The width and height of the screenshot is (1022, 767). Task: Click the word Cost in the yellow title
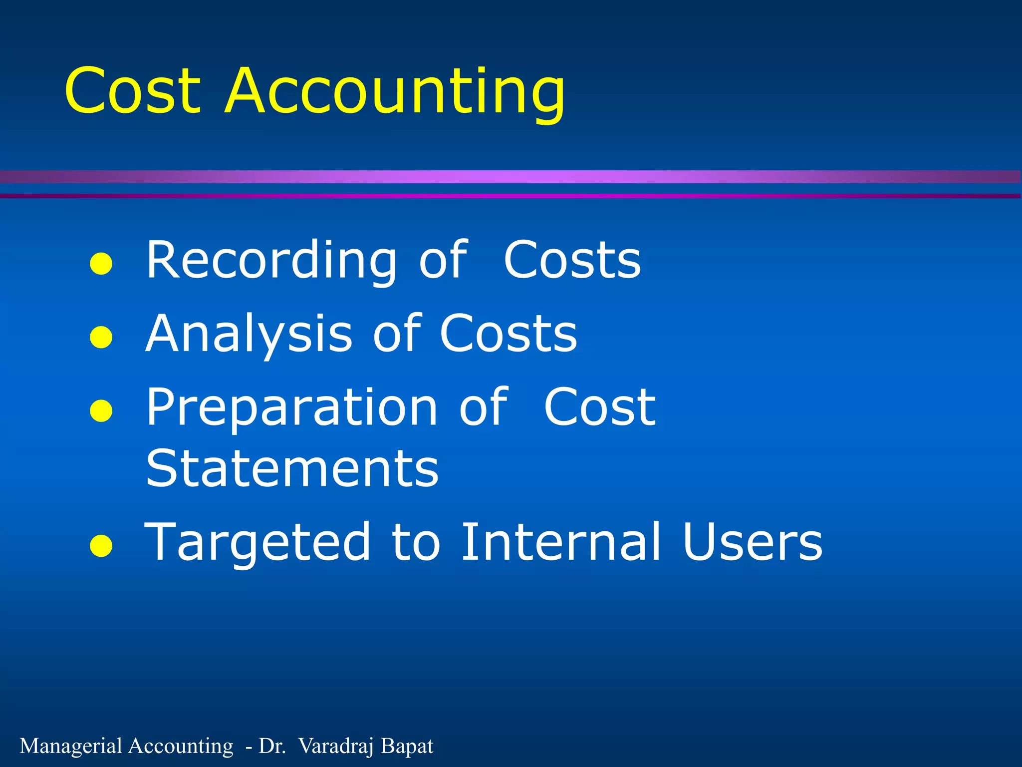click(133, 91)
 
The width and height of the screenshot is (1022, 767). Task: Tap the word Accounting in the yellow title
click(395, 92)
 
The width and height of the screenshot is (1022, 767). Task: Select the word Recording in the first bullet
click(271, 260)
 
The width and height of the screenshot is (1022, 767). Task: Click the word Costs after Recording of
click(572, 260)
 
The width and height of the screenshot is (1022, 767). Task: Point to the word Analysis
click(249, 334)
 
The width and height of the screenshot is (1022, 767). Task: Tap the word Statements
click(292, 468)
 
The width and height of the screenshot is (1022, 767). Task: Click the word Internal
click(560, 542)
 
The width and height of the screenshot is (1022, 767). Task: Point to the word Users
click(752, 542)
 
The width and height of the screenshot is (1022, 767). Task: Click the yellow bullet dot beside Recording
click(101, 264)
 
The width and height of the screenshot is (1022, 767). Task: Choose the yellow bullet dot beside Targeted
click(101, 546)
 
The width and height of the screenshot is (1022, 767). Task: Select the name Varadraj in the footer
click(336, 746)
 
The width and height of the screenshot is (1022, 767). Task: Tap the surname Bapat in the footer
click(407, 746)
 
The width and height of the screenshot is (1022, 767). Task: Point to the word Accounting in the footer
click(181, 746)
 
